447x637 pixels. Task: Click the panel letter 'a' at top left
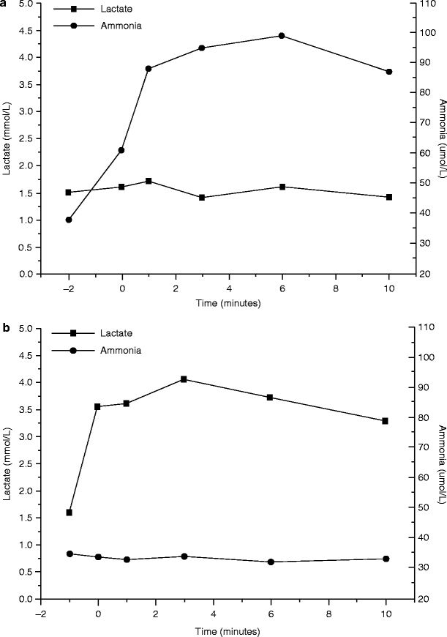(x=5, y=4)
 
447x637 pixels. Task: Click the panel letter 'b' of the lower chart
(x=5, y=329)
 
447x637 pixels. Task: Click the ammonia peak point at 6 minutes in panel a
(x=282, y=36)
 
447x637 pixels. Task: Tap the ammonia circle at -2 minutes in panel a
(x=69, y=220)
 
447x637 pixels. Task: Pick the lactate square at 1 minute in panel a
(x=149, y=181)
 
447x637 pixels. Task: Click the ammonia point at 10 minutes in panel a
(x=388, y=72)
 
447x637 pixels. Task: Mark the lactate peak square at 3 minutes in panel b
(x=184, y=379)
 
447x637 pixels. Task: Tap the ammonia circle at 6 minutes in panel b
(x=271, y=562)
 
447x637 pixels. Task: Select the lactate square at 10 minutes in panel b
(x=386, y=421)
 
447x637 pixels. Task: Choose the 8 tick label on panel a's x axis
(x=335, y=288)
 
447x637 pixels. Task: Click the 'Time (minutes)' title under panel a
(x=228, y=302)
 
